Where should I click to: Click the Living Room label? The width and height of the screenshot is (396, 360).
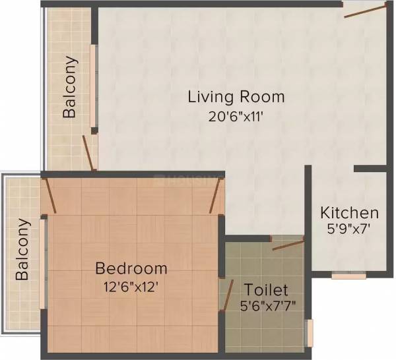236,97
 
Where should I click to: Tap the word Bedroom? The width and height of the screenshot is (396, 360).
131,268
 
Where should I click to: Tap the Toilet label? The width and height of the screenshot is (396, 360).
266,289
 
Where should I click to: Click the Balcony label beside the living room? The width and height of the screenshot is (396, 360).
70,87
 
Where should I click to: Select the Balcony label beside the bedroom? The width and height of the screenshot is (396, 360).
22,249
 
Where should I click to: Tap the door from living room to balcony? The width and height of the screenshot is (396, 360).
87,154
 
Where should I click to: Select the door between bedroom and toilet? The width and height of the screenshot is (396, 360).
227,294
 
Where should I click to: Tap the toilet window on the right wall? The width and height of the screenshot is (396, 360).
308,333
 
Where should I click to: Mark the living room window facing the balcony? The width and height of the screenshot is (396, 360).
94,89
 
